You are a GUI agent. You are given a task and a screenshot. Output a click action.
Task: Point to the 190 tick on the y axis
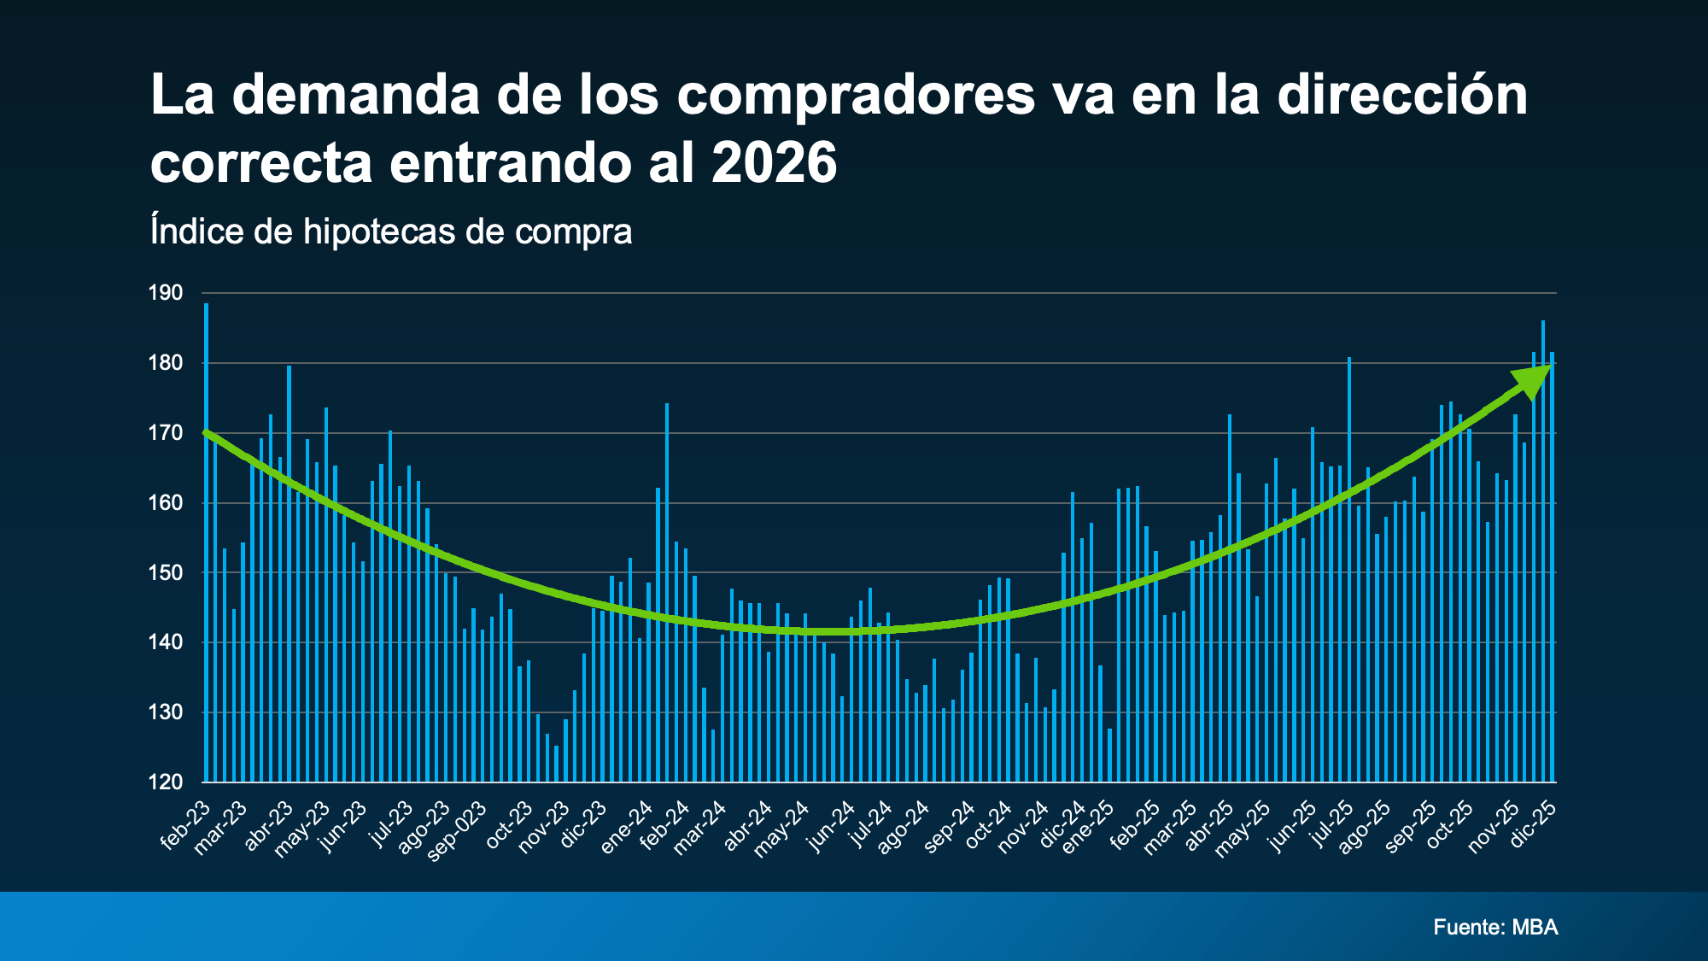[x=166, y=293]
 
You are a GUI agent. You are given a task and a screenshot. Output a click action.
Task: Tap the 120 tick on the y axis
[x=166, y=782]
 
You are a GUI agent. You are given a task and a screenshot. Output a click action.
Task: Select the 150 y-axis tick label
[x=166, y=572]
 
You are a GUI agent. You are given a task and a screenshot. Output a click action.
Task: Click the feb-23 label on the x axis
[x=185, y=825]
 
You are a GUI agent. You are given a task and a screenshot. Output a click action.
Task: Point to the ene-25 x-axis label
[x=1088, y=826]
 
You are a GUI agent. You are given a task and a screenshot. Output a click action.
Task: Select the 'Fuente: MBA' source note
[x=1495, y=927]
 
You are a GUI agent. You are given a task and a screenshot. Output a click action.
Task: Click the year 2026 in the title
[x=774, y=162]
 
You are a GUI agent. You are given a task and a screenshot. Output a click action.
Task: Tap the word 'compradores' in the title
[x=856, y=94]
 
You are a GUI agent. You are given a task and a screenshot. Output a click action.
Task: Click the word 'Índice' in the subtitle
[x=196, y=231]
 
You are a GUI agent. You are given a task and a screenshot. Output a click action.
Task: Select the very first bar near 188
[x=207, y=542]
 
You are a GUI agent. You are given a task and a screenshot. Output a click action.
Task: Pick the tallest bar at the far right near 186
[x=1543, y=551]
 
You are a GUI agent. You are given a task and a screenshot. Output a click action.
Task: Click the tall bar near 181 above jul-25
[x=1349, y=569]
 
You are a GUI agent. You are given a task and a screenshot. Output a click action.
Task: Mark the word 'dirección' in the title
[x=1402, y=94]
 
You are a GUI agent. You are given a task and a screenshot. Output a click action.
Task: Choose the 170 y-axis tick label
[x=166, y=433]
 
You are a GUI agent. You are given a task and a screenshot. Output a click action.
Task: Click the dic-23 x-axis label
[x=584, y=824]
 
